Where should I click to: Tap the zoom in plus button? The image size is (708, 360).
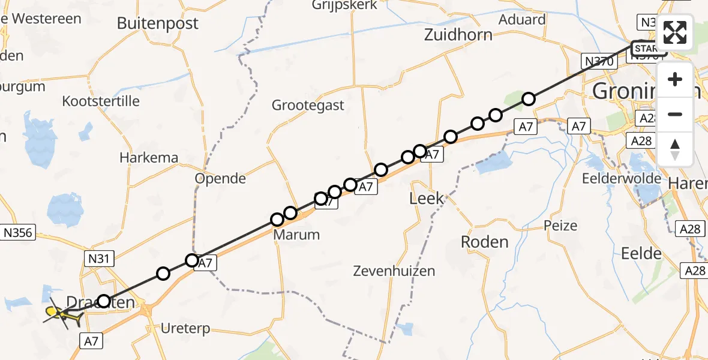(x=676, y=79)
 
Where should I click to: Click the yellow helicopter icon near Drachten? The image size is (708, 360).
(x=62, y=314)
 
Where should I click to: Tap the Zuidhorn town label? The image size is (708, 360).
(x=458, y=35)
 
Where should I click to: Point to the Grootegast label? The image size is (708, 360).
(x=308, y=106)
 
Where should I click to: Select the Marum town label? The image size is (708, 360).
(x=296, y=235)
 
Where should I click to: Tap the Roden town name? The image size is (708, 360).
(x=484, y=242)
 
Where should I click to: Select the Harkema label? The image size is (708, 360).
(x=149, y=158)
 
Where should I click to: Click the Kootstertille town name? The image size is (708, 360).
(x=101, y=101)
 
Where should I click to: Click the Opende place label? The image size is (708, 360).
(x=221, y=179)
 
